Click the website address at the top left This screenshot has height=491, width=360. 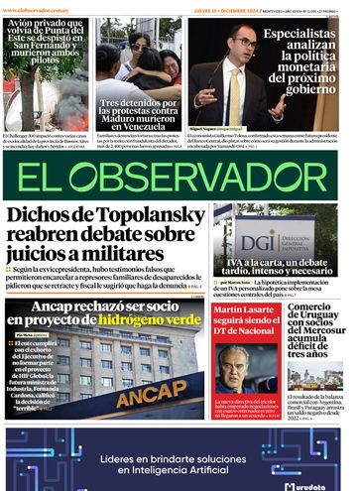(x=35, y=9)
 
